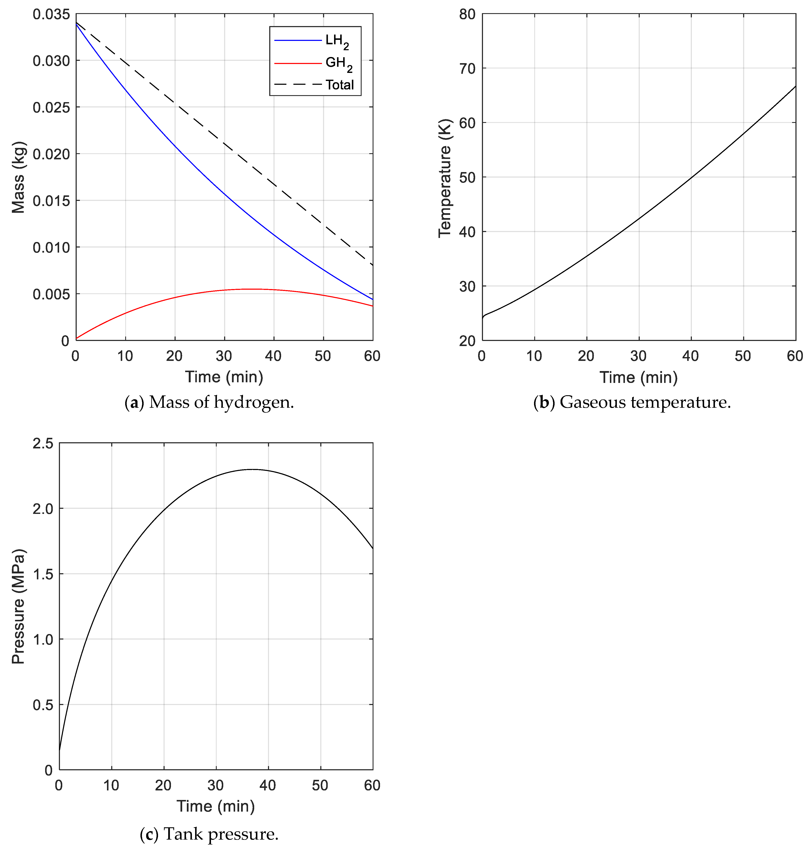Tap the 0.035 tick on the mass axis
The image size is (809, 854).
51,14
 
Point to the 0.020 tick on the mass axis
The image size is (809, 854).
51,154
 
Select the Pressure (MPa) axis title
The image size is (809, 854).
18,606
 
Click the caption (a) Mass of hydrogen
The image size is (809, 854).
209,402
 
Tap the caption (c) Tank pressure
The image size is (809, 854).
209,834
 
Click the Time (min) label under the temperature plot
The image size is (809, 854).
638,377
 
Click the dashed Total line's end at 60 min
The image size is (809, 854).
372,265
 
